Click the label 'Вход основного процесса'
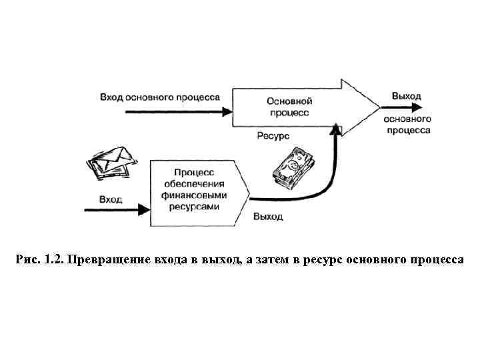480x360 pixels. click(x=160, y=97)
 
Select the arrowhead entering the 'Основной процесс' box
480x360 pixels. click(x=226, y=112)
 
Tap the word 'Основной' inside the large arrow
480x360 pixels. click(x=289, y=101)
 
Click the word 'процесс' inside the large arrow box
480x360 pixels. click(x=289, y=113)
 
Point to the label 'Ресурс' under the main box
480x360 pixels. click(x=272, y=135)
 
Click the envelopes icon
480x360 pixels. click(x=110, y=162)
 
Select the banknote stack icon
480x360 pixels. click(x=292, y=169)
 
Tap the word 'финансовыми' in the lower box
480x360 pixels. click(x=194, y=195)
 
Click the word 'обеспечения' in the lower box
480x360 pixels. click(x=194, y=184)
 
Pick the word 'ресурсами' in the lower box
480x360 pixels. click(x=194, y=207)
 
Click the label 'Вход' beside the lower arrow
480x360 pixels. click(x=111, y=199)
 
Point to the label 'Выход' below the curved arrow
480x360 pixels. click(x=268, y=217)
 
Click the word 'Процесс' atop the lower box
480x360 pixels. click(x=194, y=173)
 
